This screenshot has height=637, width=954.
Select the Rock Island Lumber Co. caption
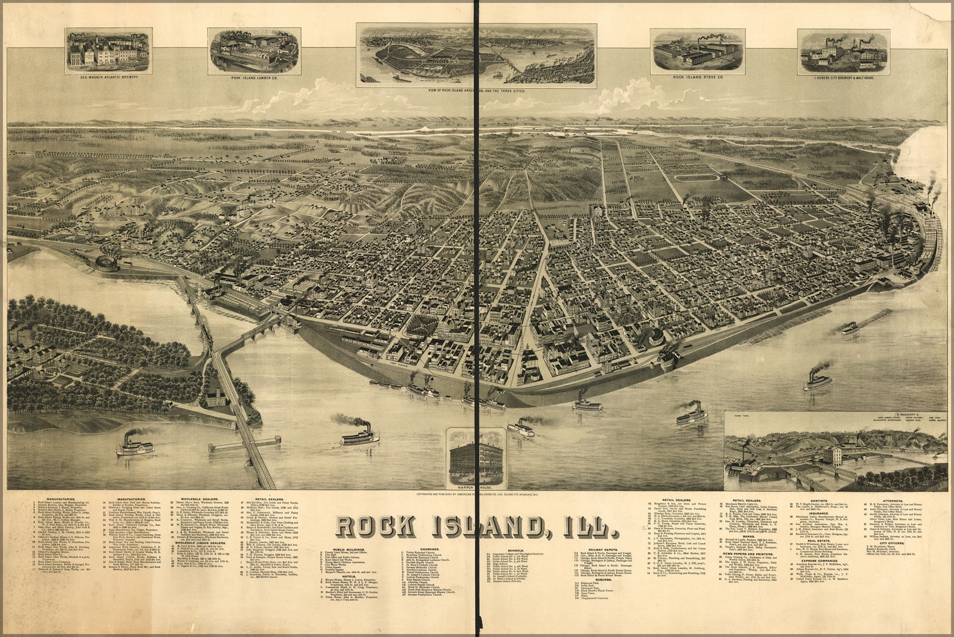click(253, 78)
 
